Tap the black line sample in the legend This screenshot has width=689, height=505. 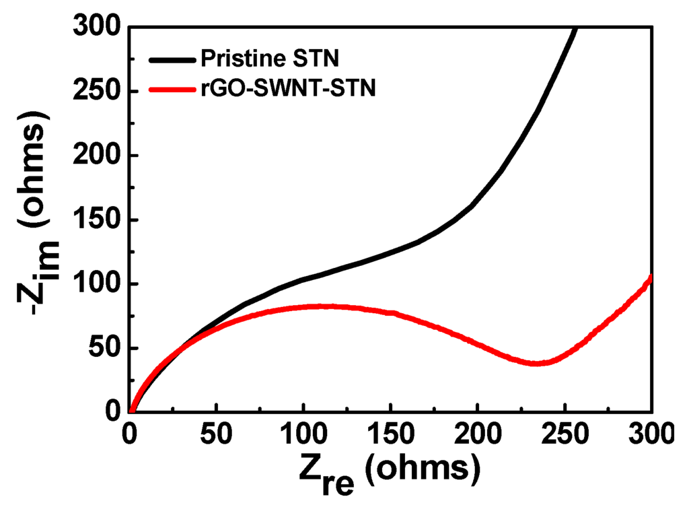(173, 60)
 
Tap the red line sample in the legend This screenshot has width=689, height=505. (173, 90)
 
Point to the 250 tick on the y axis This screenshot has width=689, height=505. (101, 91)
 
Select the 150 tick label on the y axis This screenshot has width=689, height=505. (101, 220)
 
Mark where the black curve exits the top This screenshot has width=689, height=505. (575, 28)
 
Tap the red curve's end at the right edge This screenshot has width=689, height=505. (651, 277)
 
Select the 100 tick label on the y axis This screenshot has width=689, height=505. (101, 283)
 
